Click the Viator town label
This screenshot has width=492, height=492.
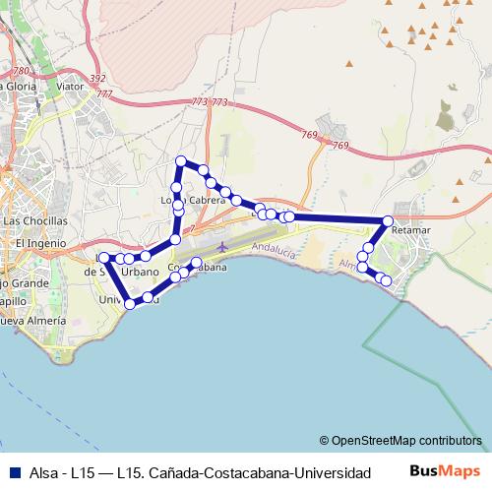(70, 87)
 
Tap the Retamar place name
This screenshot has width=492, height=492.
(410, 230)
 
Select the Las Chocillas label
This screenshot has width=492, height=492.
(35, 220)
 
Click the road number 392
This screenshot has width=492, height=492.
(97, 79)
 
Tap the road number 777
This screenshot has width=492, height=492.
(104, 93)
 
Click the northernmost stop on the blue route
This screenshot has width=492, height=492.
(180, 160)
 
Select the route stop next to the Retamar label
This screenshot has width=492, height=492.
(388, 220)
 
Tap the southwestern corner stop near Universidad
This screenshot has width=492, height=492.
(130, 304)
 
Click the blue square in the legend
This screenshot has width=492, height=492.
(12, 472)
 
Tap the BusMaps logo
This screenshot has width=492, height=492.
(445, 471)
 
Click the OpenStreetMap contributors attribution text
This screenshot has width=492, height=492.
(406, 440)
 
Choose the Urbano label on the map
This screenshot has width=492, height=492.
(140, 271)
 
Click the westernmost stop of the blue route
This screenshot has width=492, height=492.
(103, 257)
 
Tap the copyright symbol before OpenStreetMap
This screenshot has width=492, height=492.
(325, 440)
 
